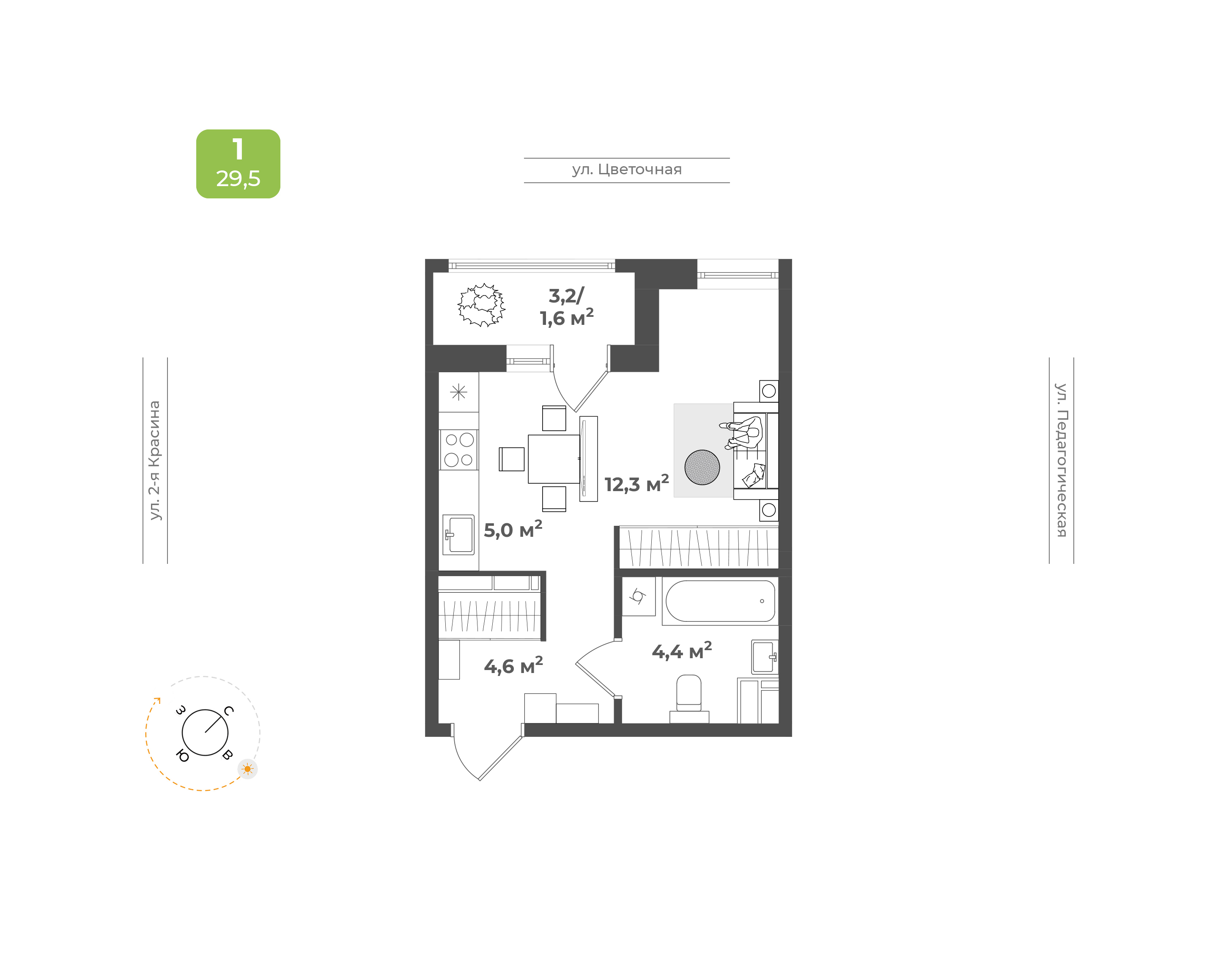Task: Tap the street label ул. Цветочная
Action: click(627, 170)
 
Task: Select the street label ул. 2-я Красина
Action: click(154, 460)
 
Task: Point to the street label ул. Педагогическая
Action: click(1062, 460)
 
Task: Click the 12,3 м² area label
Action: click(636, 483)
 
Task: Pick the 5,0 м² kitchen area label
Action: click(513, 529)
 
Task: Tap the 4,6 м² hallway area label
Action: click(513, 665)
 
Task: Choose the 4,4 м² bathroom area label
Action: click(681, 651)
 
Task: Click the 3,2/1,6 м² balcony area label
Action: click(566, 307)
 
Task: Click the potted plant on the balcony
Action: click(481, 305)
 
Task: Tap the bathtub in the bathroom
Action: click(720, 601)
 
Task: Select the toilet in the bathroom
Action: click(689, 698)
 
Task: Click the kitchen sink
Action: click(459, 535)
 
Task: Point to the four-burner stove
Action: click(459, 450)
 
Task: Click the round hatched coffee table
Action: click(702, 467)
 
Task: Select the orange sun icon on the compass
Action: click(247, 769)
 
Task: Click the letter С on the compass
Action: click(229, 712)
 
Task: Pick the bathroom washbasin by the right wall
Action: click(764, 657)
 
